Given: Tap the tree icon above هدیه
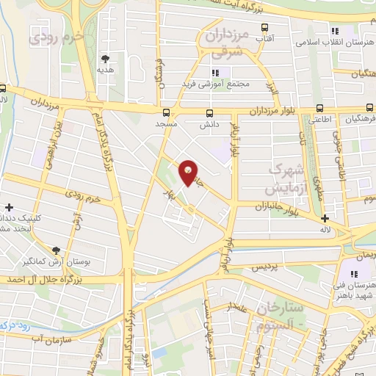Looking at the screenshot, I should tap(106, 58).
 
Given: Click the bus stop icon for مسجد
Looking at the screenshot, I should tap(167, 113).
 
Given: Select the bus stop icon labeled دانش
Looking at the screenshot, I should tap(210, 113).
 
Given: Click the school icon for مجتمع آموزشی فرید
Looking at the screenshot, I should tap(216, 73).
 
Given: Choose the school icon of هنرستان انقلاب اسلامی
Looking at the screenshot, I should tap(335, 31).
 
